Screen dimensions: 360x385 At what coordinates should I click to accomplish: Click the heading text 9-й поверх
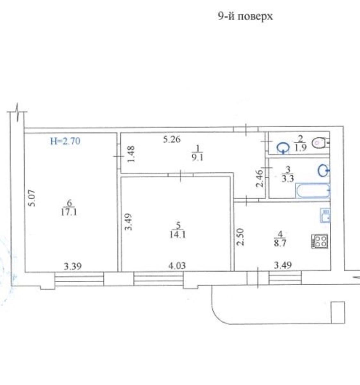click(245, 17)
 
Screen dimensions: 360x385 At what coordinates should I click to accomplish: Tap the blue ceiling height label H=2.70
click(65, 141)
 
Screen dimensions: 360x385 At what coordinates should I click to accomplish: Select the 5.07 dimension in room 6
click(33, 198)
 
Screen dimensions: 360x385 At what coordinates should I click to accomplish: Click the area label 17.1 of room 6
click(69, 212)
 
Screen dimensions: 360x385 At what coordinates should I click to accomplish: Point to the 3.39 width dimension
click(73, 266)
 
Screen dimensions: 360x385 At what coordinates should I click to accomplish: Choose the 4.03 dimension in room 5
click(177, 266)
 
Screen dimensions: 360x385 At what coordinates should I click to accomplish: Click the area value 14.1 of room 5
click(178, 235)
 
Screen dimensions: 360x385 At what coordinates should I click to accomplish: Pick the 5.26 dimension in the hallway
click(172, 140)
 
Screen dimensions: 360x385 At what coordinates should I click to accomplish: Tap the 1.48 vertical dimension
click(131, 155)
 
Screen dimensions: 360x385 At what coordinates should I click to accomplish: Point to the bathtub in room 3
click(313, 191)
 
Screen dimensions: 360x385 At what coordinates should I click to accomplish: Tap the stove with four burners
click(320, 241)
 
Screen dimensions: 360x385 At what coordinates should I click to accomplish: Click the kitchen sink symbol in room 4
click(325, 215)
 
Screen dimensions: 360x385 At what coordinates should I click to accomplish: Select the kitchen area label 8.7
click(280, 243)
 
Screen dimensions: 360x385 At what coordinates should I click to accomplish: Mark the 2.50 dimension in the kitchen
click(240, 237)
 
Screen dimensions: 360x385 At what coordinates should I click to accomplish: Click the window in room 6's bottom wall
click(79, 279)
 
